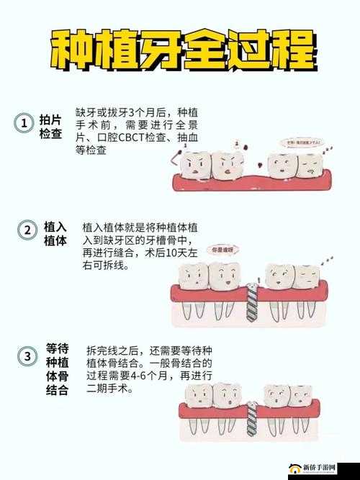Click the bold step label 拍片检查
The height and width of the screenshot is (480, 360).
(x=50, y=128)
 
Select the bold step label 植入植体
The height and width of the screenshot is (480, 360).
(x=55, y=234)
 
